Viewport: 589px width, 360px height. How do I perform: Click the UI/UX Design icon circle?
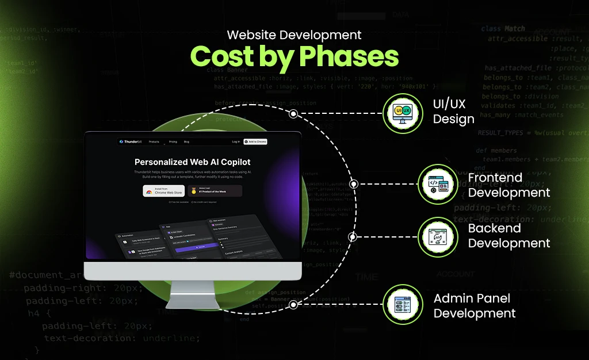[403, 114]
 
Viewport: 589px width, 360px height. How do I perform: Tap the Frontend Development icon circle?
[438, 184]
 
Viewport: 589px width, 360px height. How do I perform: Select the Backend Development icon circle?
[438, 236]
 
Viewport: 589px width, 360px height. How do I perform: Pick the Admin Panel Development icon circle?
[403, 305]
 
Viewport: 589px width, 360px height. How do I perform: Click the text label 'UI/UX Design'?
[454, 112]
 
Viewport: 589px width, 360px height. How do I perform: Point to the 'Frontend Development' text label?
[509, 185]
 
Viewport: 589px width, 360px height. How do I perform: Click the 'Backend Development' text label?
[509, 236]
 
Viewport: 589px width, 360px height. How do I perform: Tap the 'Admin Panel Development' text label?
[475, 305]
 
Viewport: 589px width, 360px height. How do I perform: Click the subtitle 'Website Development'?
[294, 35]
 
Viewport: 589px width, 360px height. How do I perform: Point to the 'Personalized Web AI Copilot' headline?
[192, 162]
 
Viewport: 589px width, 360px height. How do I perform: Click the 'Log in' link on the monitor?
[236, 141]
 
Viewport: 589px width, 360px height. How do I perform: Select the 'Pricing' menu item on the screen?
[173, 141]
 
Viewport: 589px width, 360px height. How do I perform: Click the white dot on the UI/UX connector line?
[293, 114]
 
